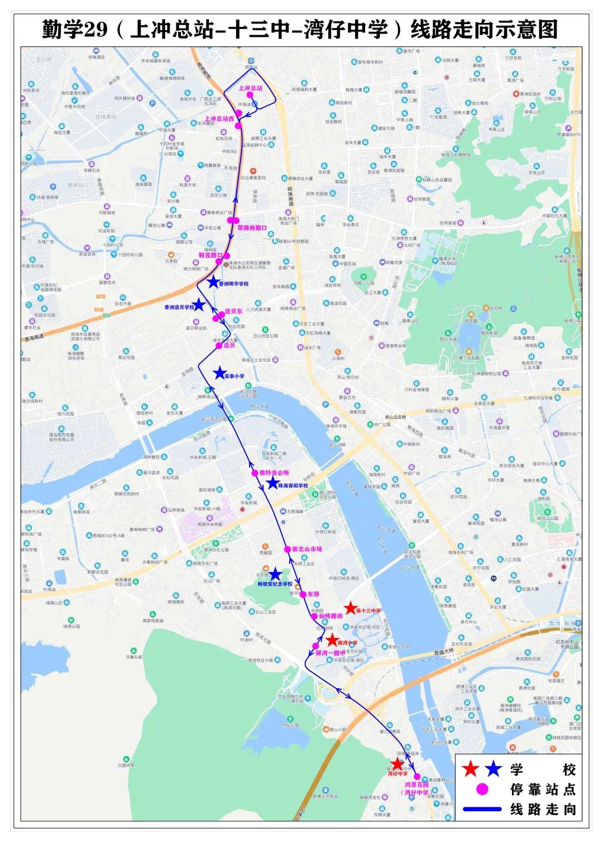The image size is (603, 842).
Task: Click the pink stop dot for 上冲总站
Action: tap(250, 96)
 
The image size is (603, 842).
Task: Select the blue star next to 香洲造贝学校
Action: tap(200, 305)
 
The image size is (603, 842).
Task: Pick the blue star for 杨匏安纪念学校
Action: tap(275, 574)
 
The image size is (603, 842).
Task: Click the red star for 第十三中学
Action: tap(350, 608)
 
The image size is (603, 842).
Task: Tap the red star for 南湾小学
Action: tap(332, 640)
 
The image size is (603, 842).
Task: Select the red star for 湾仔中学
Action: tap(396, 764)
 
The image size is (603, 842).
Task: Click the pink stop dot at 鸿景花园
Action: tap(417, 776)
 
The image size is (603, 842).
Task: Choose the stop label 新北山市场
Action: tap(307, 549)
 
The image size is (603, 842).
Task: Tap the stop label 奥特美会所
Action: tap(274, 473)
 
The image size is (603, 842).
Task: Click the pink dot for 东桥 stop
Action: tap(303, 594)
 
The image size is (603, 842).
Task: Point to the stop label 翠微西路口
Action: tap(252, 228)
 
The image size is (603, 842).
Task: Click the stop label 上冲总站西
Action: tap(219, 118)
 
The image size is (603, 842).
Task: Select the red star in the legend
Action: tap(471, 769)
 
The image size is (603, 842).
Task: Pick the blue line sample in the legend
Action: tap(482, 808)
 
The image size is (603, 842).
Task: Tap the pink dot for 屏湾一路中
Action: tap(315, 646)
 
